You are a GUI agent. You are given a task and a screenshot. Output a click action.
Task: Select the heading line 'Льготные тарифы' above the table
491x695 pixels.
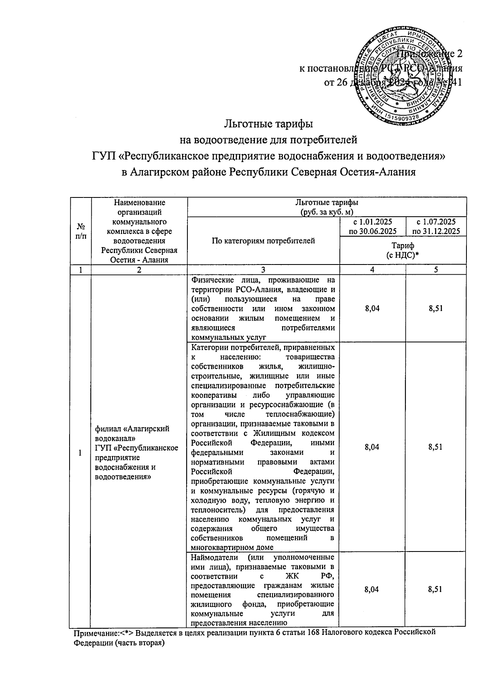click(x=269, y=123)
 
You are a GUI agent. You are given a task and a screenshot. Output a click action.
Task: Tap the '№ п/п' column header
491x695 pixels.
click(x=81, y=231)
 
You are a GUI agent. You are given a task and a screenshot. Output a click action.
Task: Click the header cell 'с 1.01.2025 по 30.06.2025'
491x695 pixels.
click(x=373, y=226)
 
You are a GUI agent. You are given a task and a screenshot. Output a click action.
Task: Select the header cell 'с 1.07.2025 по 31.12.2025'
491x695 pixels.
click(x=436, y=226)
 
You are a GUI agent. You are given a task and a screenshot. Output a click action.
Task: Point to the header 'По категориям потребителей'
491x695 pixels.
click(x=263, y=241)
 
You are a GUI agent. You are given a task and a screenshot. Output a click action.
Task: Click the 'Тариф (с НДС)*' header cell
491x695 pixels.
click(x=403, y=250)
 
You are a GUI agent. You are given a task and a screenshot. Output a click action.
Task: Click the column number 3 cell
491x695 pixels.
click(x=263, y=269)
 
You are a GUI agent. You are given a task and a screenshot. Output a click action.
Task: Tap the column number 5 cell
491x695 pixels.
click(x=436, y=269)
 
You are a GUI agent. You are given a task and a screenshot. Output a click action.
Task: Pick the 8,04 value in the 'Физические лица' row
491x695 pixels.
click(x=372, y=309)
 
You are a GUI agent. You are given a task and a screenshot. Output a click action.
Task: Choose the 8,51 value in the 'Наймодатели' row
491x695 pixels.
click(x=435, y=590)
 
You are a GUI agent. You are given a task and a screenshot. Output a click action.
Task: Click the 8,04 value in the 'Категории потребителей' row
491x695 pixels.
click(x=372, y=447)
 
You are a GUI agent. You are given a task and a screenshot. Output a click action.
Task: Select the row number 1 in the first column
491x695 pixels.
click(x=80, y=453)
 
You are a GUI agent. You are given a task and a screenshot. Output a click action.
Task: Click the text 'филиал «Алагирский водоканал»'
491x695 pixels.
click(x=132, y=433)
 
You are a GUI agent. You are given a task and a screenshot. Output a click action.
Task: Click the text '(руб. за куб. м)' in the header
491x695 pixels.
click(x=327, y=212)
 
